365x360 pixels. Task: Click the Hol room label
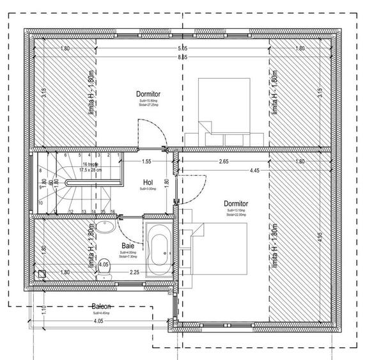tap(148, 182)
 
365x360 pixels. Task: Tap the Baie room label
tap(127, 245)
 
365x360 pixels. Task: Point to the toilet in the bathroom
tap(105, 267)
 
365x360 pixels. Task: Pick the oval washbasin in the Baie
tap(106, 228)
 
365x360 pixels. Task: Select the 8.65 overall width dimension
tap(183, 58)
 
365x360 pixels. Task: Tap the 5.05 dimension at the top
tap(183, 49)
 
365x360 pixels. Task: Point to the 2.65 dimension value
tap(224, 162)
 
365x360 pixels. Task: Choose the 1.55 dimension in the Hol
tap(147, 162)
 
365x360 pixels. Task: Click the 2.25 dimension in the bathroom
tap(135, 273)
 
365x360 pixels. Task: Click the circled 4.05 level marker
tap(104, 263)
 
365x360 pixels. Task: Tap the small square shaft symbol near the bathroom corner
tap(42, 274)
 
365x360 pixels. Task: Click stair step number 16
tap(113, 211)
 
